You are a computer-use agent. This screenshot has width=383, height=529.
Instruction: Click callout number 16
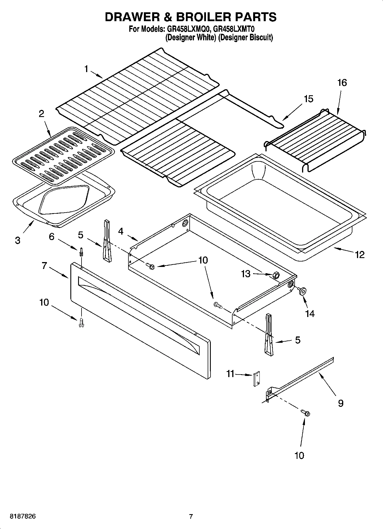(342, 83)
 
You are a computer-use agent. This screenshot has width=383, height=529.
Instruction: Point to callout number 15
(308, 99)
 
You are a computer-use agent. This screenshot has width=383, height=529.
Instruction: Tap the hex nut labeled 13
(276, 275)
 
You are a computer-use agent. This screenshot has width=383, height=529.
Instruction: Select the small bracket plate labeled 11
(256, 379)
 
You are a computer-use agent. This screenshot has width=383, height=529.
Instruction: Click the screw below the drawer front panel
(82, 322)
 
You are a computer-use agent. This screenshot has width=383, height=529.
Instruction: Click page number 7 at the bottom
(191, 516)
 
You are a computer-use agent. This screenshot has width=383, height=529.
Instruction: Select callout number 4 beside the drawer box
(121, 231)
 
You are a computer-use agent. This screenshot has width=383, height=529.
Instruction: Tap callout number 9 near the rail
(340, 403)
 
